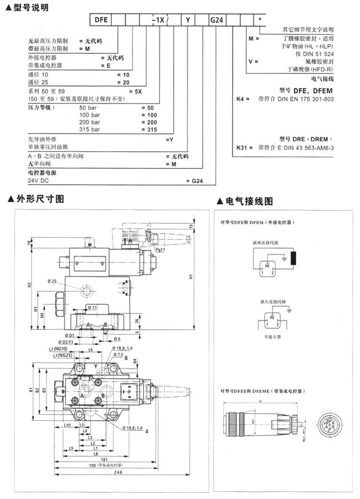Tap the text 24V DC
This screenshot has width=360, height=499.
click(39, 181)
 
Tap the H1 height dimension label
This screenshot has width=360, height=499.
click(191, 277)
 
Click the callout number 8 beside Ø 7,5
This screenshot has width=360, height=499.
click(126, 357)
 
